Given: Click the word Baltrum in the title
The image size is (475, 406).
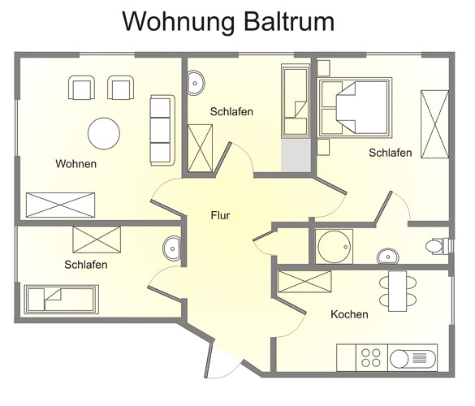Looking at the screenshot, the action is (x=289, y=21).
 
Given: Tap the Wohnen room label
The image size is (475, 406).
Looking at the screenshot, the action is (x=76, y=164).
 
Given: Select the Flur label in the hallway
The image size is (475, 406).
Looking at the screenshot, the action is (x=220, y=215).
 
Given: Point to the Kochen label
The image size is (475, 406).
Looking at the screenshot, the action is (x=349, y=314).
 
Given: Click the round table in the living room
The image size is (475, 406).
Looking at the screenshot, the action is (x=104, y=134).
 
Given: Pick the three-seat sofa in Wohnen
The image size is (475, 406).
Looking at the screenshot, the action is (x=162, y=130).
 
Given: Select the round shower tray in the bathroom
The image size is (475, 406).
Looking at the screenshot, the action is (x=335, y=247).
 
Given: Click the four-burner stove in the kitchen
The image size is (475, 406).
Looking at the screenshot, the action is (x=371, y=358).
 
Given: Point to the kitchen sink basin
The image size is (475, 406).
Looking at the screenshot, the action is (x=399, y=359).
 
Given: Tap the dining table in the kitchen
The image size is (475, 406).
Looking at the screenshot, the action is (x=397, y=291).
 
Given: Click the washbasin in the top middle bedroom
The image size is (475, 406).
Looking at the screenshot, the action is (x=195, y=83).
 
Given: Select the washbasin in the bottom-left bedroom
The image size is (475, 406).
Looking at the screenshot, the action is (x=172, y=248).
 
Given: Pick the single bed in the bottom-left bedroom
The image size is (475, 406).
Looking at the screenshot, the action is (x=61, y=300).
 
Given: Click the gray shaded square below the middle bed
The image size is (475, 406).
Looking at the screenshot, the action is (x=296, y=155).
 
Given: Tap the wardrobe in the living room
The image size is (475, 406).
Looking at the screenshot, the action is (x=61, y=205).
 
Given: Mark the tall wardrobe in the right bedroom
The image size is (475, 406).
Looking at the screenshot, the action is (x=434, y=124).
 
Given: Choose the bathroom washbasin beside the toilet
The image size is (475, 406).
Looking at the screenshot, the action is (x=388, y=257).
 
